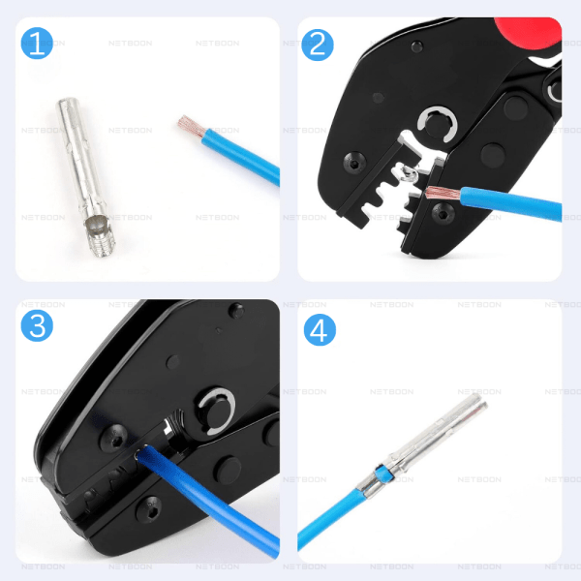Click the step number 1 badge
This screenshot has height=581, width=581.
coord(38,43)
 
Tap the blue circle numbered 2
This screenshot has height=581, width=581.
coord(318,43)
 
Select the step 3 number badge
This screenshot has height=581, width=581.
coord(38,326)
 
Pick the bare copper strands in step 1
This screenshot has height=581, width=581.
coord(188,126)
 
